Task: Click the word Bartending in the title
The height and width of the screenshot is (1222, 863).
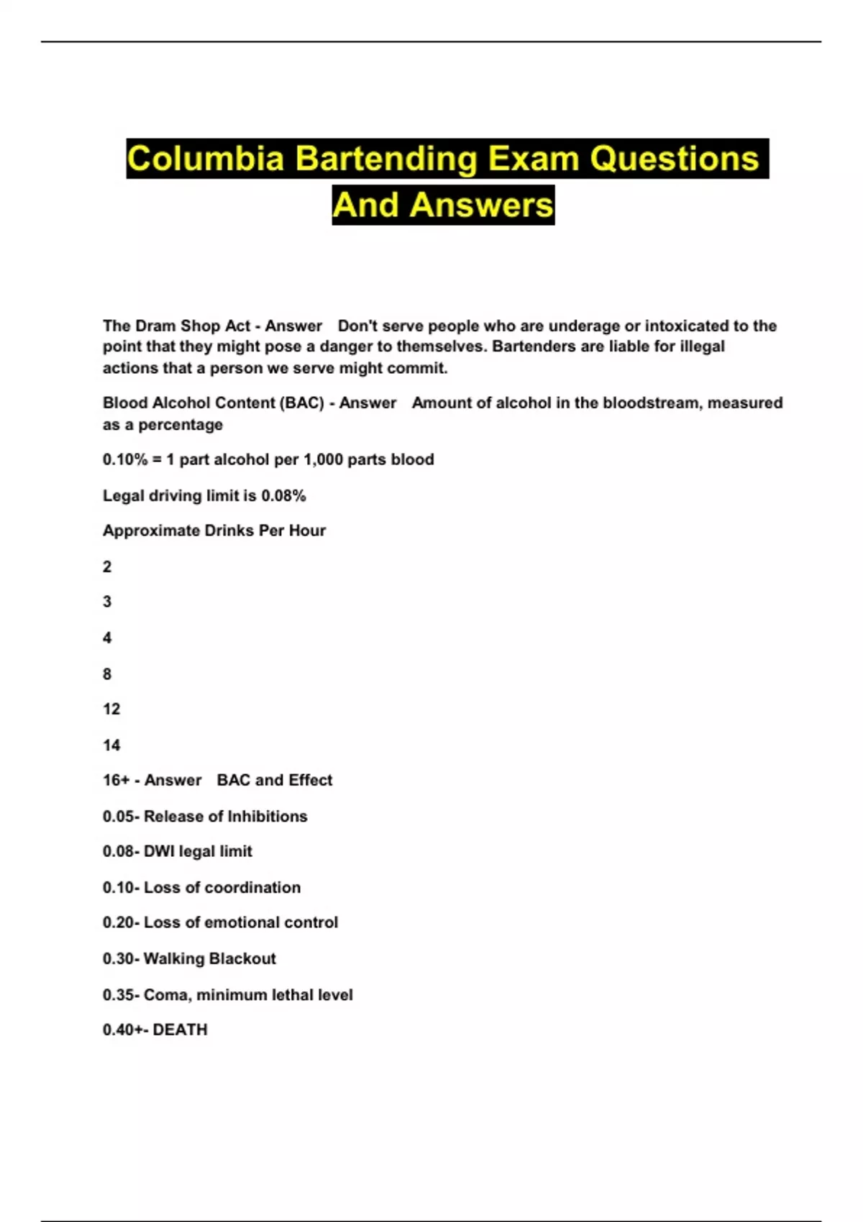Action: point(386,160)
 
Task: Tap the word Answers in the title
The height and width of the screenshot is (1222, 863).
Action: point(482,206)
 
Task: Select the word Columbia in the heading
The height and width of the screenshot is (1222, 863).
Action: point(206,160)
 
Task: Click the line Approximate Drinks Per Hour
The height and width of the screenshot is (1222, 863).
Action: point(214,531)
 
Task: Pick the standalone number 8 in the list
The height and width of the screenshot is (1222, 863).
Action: point(107,674)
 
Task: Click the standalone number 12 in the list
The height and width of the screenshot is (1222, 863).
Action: point(111,709)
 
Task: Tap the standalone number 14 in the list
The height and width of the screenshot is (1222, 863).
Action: point(111,745)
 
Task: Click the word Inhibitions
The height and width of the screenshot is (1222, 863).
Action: point(267,817)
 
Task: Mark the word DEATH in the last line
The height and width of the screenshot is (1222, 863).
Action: point(180,1030)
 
